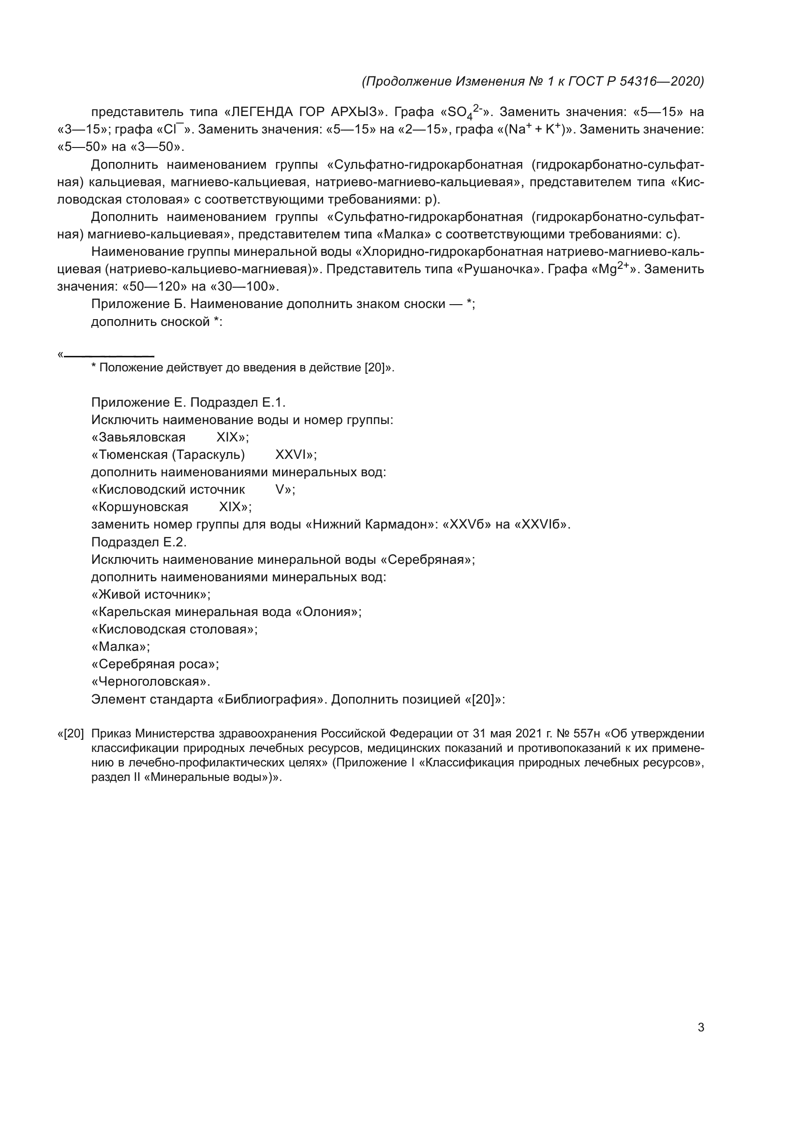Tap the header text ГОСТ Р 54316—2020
(636, 81)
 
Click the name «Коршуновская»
(143, 507)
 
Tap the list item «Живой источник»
(150, 595)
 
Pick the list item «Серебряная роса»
(155, 664)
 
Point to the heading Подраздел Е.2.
(139, 543)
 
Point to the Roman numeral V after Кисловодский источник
(279, 490)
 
